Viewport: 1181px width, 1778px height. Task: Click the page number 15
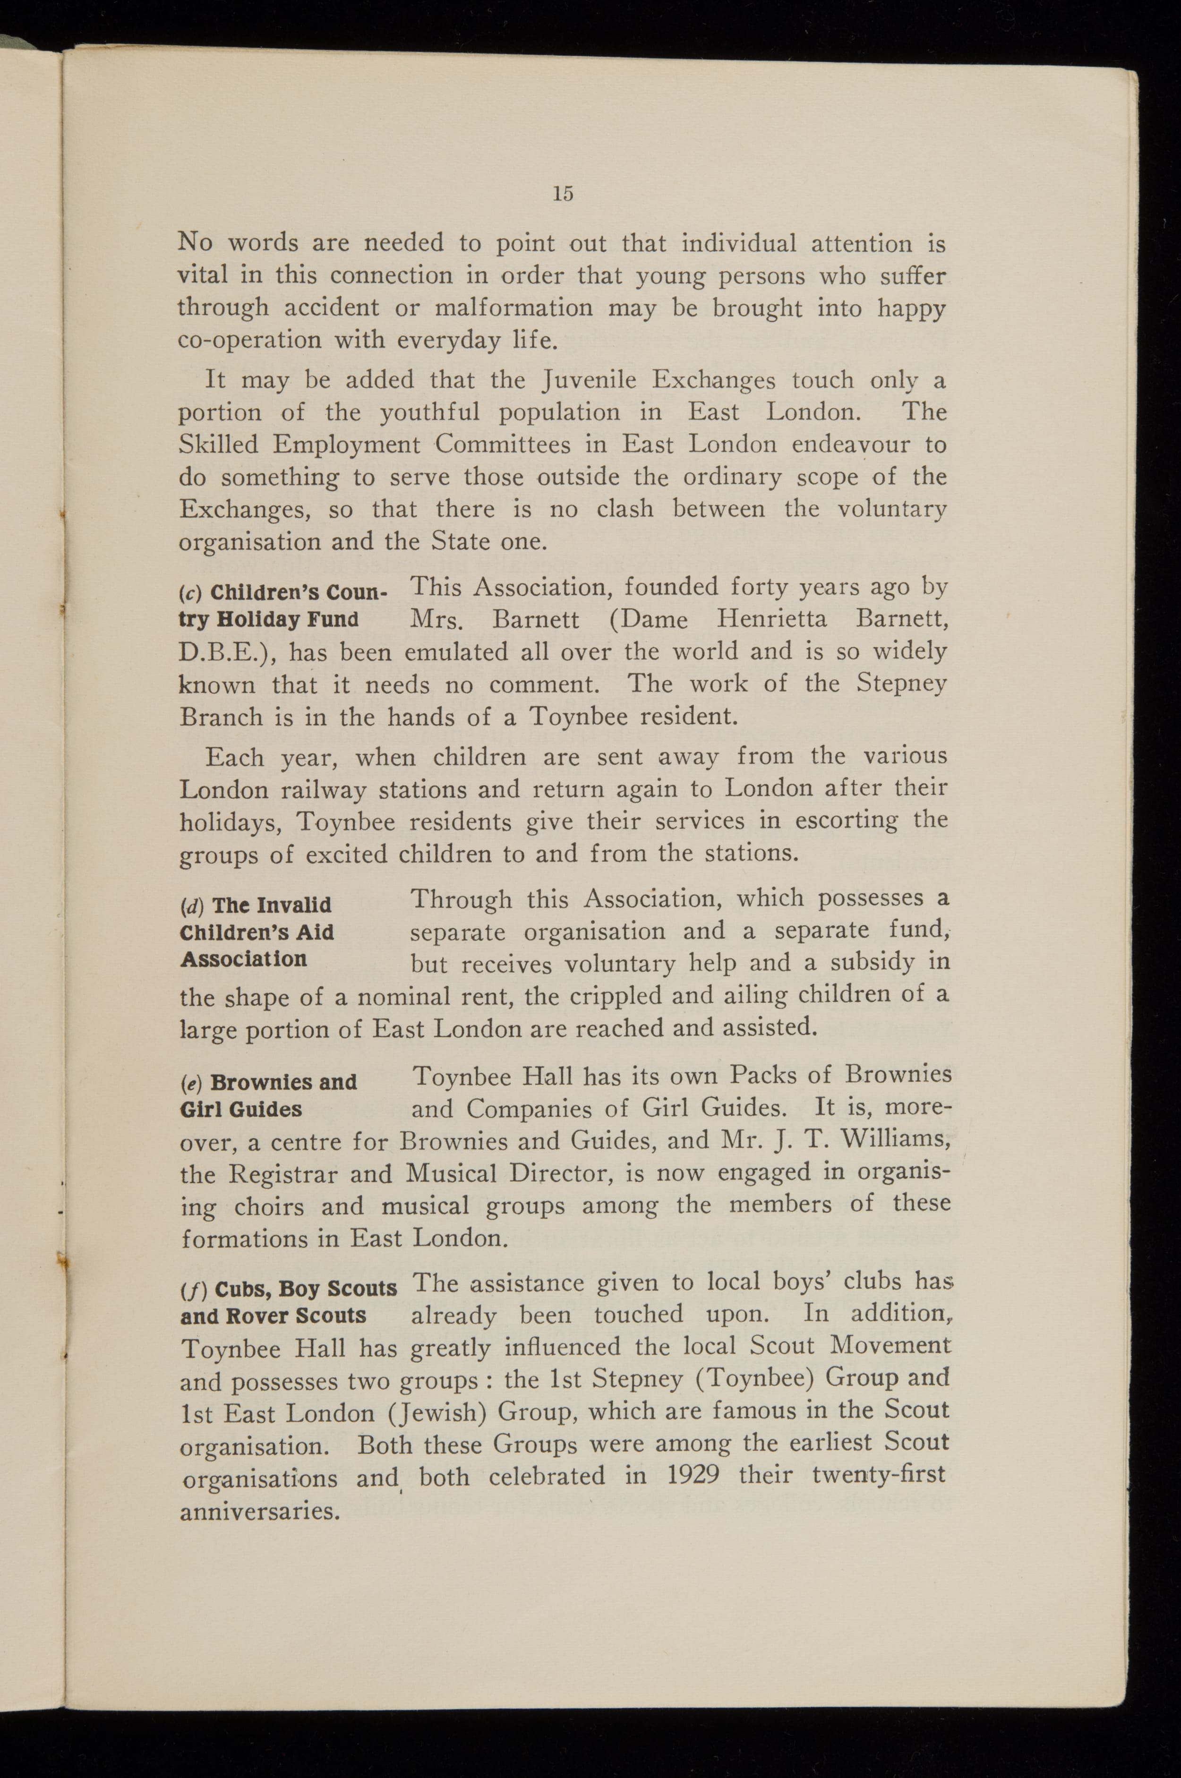[x=563, y=194]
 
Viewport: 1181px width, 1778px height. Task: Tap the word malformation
[x=513, y=308]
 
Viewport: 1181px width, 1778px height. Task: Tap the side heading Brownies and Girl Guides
[x=268, y=1096]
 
